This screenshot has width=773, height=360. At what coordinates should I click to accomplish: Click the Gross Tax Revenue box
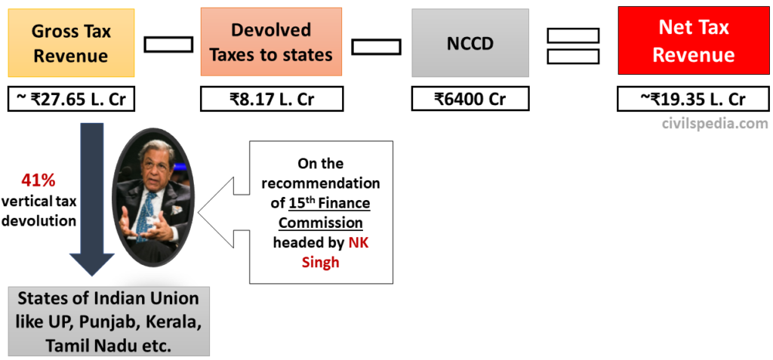(x=71, y=43)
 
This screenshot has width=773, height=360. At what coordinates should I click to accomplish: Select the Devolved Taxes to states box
(x=271, y=42)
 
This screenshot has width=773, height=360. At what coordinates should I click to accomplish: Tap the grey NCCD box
(x=470, y=42)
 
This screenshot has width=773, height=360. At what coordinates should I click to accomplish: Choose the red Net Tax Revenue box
(x=693, y=42)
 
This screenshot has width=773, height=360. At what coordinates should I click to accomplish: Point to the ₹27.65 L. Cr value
(x=71, y=100)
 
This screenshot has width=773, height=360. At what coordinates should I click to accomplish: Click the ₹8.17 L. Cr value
(x=272, y=100)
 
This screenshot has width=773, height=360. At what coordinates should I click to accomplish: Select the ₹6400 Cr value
(x=470, y=100)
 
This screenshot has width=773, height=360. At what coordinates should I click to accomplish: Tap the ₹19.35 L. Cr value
(x=693, y=100)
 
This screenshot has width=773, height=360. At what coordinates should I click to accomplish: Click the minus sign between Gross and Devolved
(x=168, y=45)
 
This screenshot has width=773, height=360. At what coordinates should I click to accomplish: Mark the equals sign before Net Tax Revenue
(x=573, y=45)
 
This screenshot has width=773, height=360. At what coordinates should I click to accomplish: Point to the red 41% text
(x=38, y=181)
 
